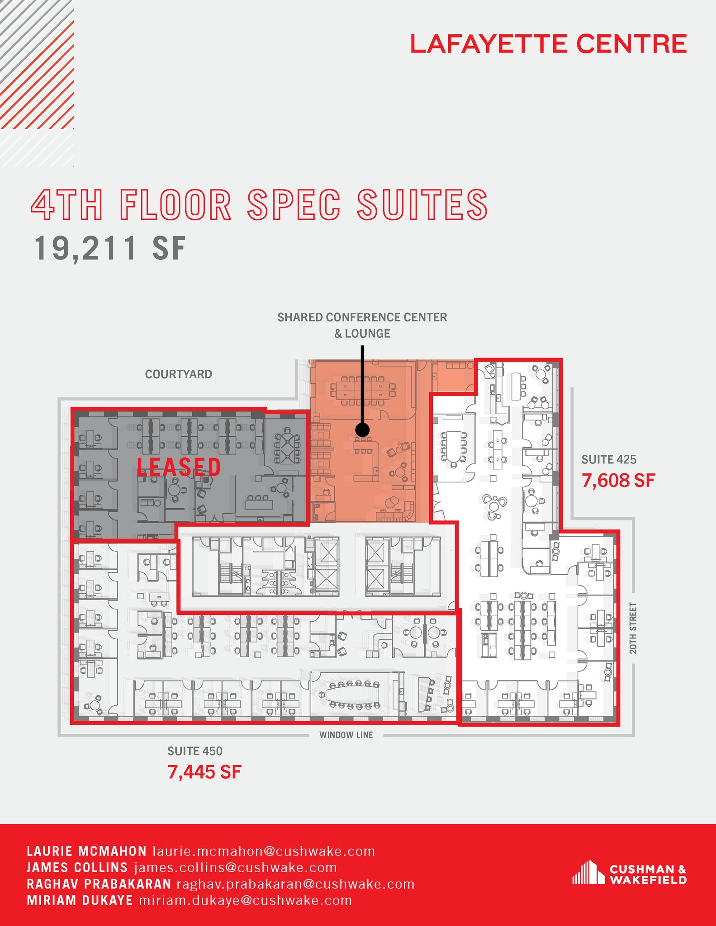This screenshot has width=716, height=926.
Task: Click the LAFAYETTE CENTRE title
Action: (x=548, y=44)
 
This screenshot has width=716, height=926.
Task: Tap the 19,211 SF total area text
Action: (x=110, y=248)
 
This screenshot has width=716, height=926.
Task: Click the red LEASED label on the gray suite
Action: (x=179, y=467)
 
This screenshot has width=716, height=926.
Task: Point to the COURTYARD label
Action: (x=179, y=374)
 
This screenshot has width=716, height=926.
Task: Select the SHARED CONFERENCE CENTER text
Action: (x=362, y=317)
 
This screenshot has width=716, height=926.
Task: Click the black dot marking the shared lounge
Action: (x=362, y=430)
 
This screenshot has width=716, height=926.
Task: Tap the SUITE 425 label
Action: (x=609, y=460)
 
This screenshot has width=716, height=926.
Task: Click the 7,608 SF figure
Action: (x=618, y=481)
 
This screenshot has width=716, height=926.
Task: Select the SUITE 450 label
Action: (x=195, y=751)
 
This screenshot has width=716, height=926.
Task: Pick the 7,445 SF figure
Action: (x=204, y=772)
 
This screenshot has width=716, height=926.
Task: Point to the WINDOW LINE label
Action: (x=346, y=735)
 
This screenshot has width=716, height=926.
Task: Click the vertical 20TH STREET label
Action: (x=633, y=628)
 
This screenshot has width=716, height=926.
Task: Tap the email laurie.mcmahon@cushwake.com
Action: (x=264, y=851)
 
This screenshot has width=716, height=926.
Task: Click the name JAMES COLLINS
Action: (x=77, y=868)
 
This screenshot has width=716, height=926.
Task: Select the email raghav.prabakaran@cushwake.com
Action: (x=295, y=884)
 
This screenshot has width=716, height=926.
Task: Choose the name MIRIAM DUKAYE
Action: (x=80, y=900)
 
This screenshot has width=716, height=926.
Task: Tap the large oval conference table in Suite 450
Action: (x=353, y=694)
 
